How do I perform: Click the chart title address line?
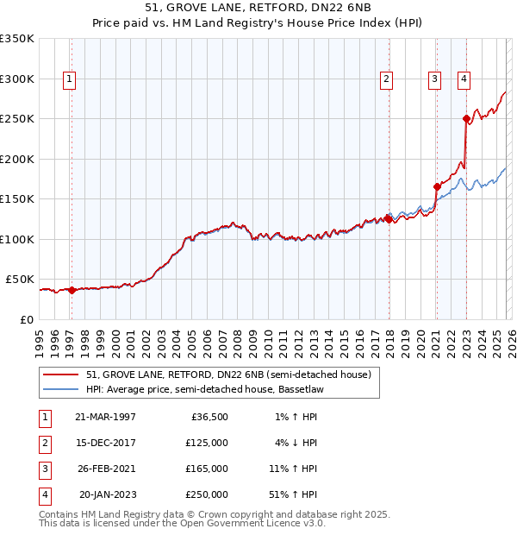pyautogui.click(x=258, y=9)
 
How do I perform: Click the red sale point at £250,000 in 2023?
pyautogui.click(x=466, y=119)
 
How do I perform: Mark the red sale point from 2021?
pyautogui.click(x=437, y=186)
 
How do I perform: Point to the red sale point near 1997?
pyautogui.click(x=72, y=290)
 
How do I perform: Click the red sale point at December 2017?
pyautogui.click(x=389, y=219)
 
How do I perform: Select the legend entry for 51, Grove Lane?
pyautogui.click(x=228, y=374)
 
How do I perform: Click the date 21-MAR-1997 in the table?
pyautogui.click(x=105, y=417)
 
